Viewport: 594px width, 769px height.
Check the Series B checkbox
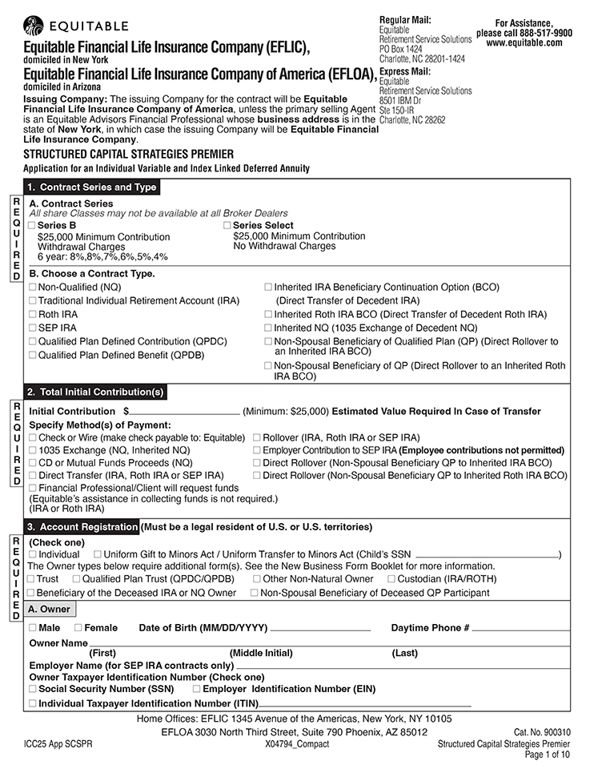point(33,226)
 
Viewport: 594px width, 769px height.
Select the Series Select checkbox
point(227,226)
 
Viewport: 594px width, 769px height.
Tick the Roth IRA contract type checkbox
point(33,314)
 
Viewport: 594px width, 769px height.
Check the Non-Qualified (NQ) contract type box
point(33,287)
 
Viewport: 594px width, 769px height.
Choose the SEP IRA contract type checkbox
point(33,328)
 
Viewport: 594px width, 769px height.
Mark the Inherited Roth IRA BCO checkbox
point(268,314)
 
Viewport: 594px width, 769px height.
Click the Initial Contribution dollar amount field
point(185,411)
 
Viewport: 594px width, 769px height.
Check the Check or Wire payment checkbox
point(33,437)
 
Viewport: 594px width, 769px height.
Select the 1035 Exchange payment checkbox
point(33,450)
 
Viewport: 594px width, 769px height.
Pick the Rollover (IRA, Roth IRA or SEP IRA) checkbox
point(257,437)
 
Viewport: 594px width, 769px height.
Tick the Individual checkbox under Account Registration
point(33,554)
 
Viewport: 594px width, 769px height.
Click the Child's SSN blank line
point(487,554)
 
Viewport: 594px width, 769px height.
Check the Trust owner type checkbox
point(31,578)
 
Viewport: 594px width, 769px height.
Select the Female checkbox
point(78,628)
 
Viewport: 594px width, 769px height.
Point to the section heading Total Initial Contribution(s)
point(95,393)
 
